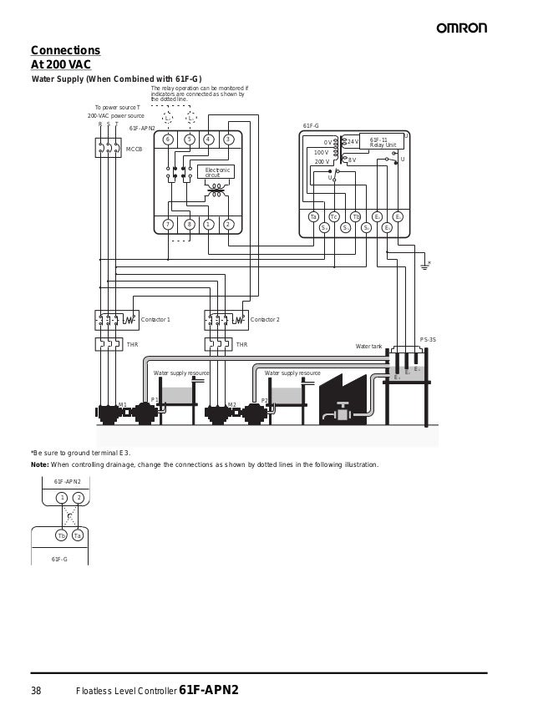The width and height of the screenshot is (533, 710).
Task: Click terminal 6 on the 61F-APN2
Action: coord(168,139)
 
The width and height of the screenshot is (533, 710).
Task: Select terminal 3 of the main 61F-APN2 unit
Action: coord(228,139)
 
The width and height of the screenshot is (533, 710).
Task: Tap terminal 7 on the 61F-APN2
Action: coord(168,224)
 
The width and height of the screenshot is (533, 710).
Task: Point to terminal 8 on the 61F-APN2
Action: coord(190,224)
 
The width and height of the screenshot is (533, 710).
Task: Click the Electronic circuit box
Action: coord(217,172)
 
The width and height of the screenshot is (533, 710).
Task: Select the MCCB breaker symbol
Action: coord(108,148)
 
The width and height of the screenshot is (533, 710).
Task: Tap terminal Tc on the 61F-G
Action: coord(334,217)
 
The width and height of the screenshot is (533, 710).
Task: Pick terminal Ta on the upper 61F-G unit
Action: coord(313,217)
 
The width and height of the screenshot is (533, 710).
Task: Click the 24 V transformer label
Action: coord(352,142)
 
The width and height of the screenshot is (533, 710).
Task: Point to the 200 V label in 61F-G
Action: coord(322,161)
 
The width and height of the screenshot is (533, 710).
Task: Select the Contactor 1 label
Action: coord(155,320)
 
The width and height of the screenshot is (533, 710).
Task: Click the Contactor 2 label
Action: coord(265,320)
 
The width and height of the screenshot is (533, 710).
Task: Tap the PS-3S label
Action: coord(427,340)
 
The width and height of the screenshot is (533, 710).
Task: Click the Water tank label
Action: coord(368,346)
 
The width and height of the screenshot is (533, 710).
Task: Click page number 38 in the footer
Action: coord(36,691)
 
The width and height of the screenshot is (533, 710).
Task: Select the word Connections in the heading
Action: coord(65,50)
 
